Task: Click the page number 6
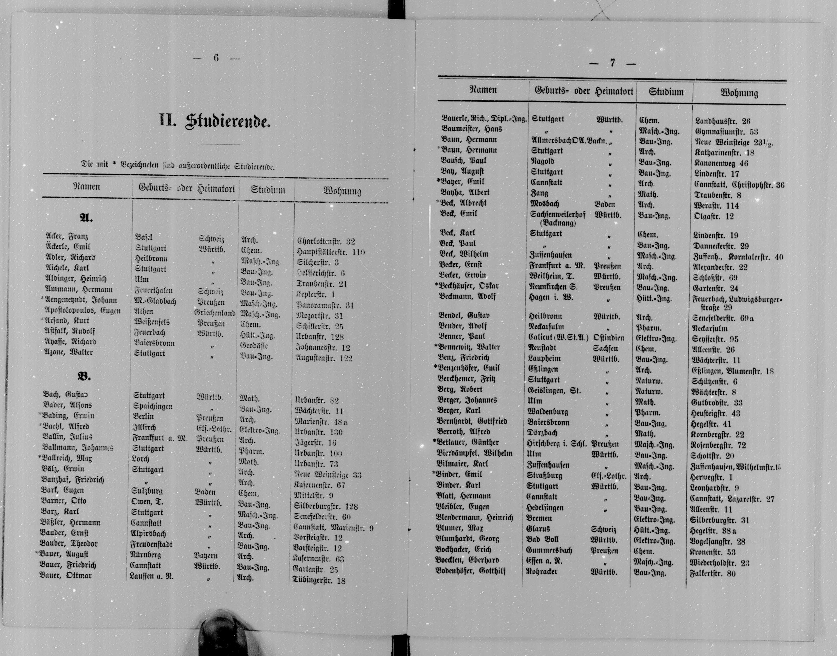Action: coord(216,58)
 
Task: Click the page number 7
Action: coord(612,63)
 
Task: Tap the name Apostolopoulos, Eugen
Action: coord(82,311)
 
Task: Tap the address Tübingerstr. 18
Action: coord(319,580)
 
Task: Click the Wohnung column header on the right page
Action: coord(739,93)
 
